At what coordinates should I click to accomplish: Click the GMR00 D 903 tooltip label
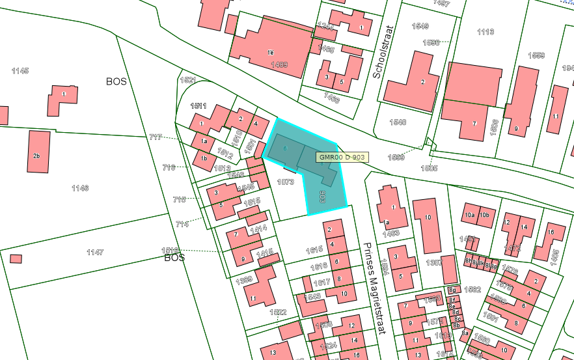point(342,157)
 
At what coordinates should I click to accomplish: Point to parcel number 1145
point(20,70)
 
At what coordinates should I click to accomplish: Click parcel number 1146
point(79,188)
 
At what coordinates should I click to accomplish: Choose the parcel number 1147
point(95,251)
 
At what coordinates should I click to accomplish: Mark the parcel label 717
point(155,137)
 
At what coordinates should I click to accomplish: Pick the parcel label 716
point(169,168)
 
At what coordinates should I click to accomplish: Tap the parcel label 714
point(182,224)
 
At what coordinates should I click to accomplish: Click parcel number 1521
point(187,80)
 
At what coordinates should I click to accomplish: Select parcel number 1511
point(198,105)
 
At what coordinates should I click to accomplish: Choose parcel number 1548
point(398,122)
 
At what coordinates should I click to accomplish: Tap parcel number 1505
point(429,168)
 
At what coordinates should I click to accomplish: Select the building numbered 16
point(551,232)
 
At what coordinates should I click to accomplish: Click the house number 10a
point(469,215)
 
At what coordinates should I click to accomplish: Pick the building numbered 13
point(273,352)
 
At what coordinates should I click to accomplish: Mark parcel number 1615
point(314,250)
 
